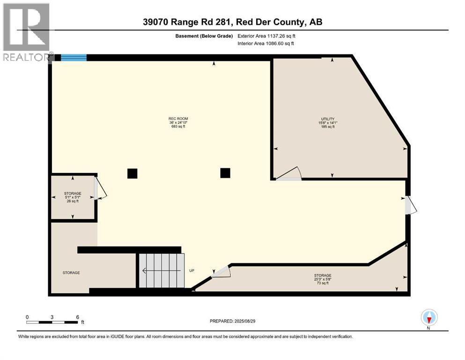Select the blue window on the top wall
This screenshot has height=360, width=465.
pos(74,58)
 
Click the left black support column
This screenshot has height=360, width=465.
pos(133,173)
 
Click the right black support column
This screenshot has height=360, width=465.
pos(225,173)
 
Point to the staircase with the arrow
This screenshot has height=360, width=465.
pos(161,270)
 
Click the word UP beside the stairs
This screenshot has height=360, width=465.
pos(192,271)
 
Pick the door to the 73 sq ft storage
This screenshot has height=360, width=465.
pos(221,272)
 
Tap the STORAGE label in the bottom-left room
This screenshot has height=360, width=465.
pos(72,273)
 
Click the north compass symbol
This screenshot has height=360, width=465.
pos(429,318)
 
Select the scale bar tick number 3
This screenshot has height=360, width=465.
pos(52,317)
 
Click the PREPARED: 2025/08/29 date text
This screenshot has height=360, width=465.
pos(232,321)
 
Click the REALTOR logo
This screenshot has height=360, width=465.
pos(26,31)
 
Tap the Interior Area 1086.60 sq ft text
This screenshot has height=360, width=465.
pos(266,44)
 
